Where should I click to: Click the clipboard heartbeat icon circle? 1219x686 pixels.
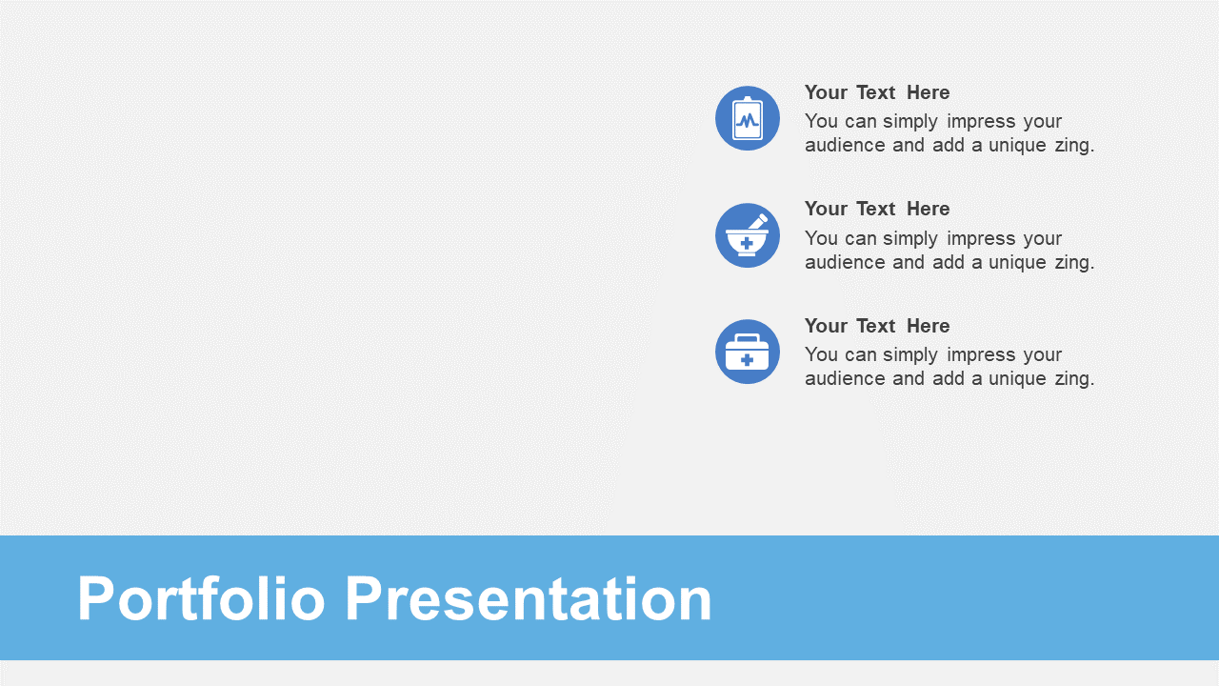pyautogui.click(x=748, y=118)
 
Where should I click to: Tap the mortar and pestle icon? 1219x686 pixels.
pyautogui.click(x=748, y=235)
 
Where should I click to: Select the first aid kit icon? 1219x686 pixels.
pyautogui.click(x=748, y=352)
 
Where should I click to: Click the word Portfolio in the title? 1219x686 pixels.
pyautogui.click(x=201, y=599)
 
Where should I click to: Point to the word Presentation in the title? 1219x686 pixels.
pyautogui.click(x=529, y=599)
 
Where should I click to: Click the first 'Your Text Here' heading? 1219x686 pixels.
pyautogui.click(x=877, y=92)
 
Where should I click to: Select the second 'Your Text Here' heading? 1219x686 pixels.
pyautogui.click(x=877, y=209)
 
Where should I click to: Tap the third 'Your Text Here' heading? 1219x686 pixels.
pyautogui.click(x=877, y=326)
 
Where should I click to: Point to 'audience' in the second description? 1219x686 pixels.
pyautogui.click(x=845, y=262)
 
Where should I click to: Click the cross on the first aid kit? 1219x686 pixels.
pyautogui.click(x=748, y=360)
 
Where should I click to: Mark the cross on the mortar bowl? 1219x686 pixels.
pyautogui.click(x=748, y=243)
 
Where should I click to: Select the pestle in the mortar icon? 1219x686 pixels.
pyautogui.click(x=757, y=221)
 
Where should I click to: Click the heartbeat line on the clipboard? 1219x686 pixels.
pyautogui.click(x=748, y=120)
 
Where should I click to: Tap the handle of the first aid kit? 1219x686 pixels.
pyautogui.click(x=748, y=338)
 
